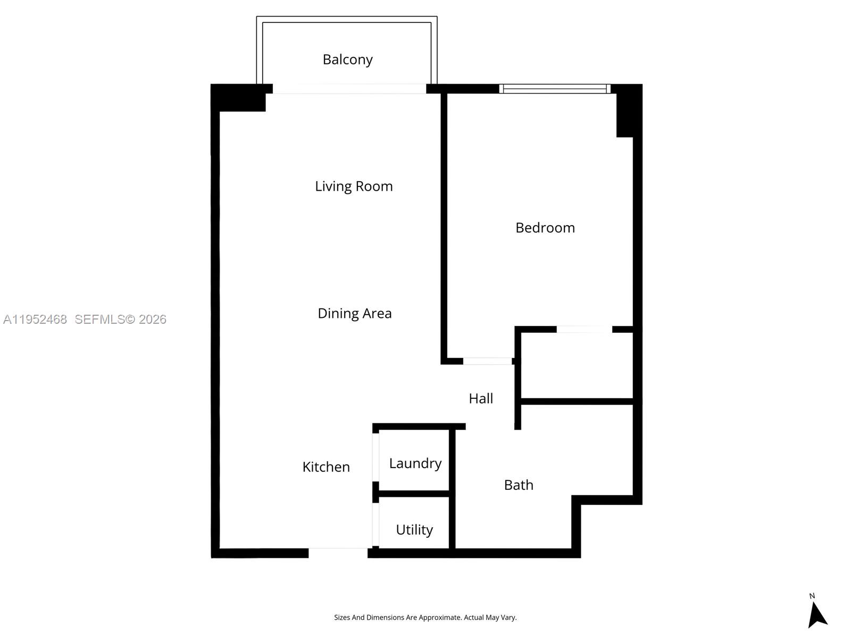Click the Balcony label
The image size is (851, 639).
(347, 59)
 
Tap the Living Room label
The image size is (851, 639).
(354, 186)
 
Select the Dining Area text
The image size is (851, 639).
(354, 313)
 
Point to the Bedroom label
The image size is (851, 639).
(545, 228)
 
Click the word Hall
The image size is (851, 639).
(480, 398)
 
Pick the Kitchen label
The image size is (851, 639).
(326, 467)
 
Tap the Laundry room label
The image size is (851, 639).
(415, 463)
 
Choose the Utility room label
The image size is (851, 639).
(414, 530)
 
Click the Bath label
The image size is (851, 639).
(518, 485)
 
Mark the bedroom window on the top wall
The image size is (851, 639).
(555, 89)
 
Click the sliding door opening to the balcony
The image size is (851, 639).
(349, 89)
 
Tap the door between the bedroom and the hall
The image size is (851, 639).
(487, 361)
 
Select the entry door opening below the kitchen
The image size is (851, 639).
(338, 553)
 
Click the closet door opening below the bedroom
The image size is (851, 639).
(584, 329)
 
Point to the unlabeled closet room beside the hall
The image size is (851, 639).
(577, 365)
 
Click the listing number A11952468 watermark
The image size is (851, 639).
(35, 319)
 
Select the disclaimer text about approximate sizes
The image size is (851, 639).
(425, 618)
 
